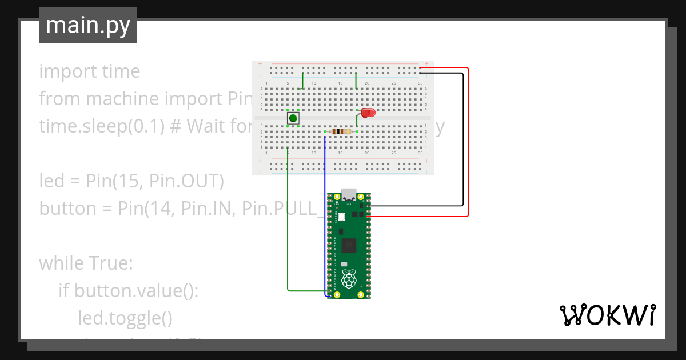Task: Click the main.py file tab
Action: [x=87, y=25]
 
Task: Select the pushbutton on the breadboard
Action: [x=293, y=118]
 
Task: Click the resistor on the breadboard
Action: [x=341, y=132]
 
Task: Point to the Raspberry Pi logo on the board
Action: [x=348, y=279]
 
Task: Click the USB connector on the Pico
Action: [x=349, y=194]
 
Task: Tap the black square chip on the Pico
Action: [x=349, y=246]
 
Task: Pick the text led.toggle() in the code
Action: [x=125, y=318]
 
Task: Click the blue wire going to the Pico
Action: [x=325, y=217]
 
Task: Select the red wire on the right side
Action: [x=468, y=143]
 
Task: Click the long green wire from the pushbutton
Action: [x=288, y=229]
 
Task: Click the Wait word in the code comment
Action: [x=208, y=126]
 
